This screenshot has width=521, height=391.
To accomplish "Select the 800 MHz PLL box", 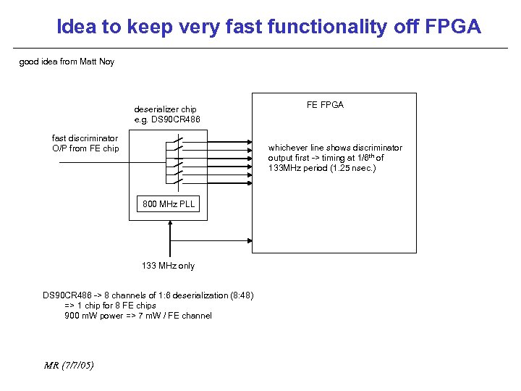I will [169, 204].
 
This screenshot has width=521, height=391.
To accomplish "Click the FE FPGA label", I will [325, 105].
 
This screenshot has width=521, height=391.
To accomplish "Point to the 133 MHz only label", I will [168, 266].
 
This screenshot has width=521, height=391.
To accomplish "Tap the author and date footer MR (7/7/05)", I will [69, 364].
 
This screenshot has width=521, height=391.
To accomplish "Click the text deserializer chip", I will [165, 109].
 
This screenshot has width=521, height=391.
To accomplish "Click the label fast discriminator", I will [85, 138].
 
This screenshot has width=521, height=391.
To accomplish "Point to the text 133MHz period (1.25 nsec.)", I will [322, 168].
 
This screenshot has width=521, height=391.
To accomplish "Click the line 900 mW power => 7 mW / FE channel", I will [138, 316].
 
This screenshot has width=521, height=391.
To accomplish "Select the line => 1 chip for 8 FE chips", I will [110, 306].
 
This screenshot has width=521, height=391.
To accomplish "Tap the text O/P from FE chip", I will [85, 148].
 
